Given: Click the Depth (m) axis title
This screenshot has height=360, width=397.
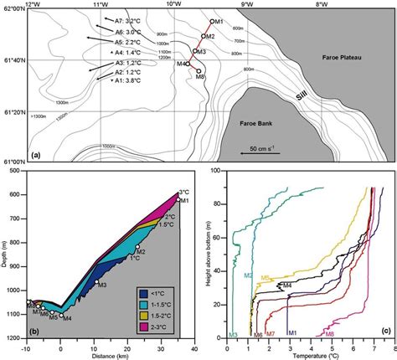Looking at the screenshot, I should point(6,253).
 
